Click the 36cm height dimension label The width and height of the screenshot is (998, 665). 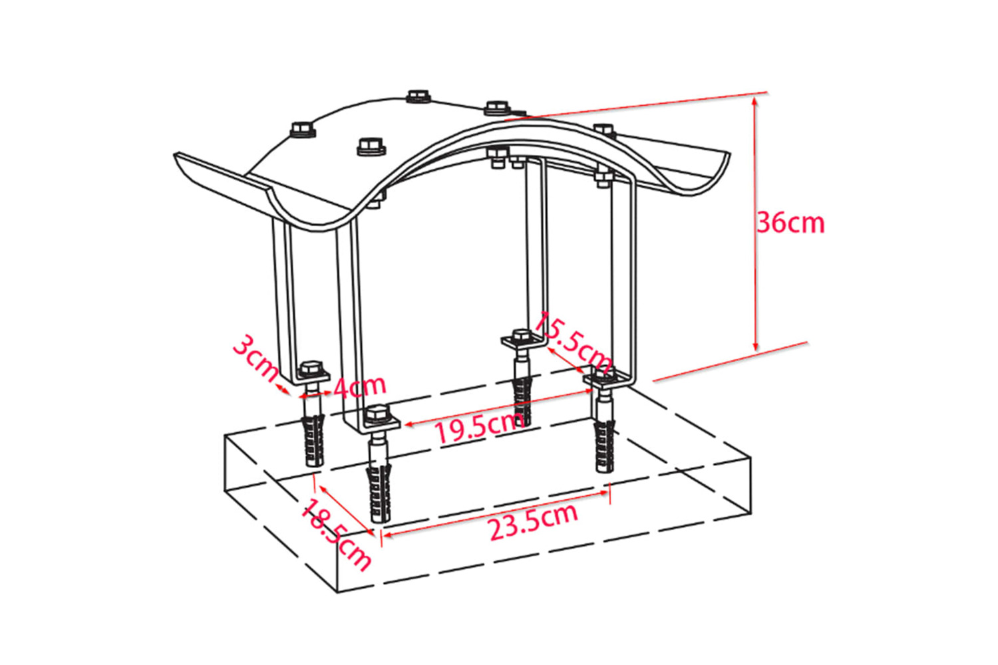pyautogui.click(x=790, y=223)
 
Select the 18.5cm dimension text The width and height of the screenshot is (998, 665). pyautogui.click(x=336, y=534)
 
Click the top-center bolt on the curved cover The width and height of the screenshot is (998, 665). pyautogui.click(x=418, y=96)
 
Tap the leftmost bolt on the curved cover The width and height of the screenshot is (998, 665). pyautogui.click(x=303, y=130)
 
